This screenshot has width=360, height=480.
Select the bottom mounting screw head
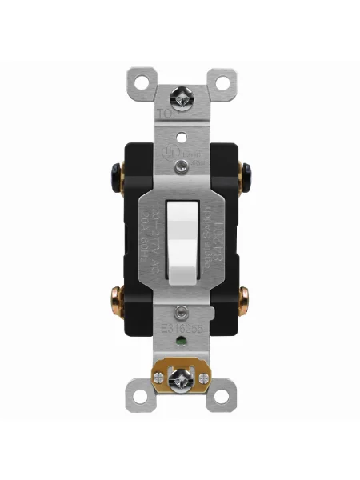[x=180, y=373]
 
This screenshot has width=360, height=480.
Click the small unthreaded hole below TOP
[x=180, y=126]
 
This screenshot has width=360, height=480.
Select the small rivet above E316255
[x=182, y=312]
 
